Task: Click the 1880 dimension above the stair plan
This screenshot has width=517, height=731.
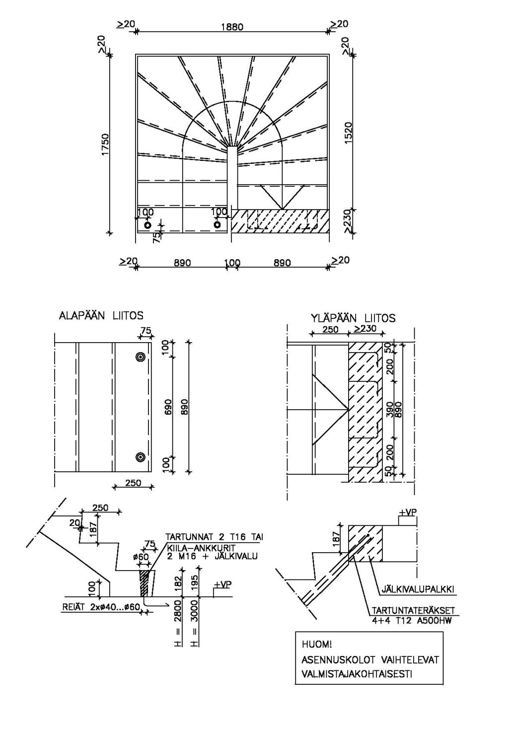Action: (x=232, y=27)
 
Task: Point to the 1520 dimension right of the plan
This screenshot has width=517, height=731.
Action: (x=348, y=133)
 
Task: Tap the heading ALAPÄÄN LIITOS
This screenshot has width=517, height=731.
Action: (x=101, y=315)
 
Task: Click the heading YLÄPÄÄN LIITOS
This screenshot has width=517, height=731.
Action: (x=353, y=317)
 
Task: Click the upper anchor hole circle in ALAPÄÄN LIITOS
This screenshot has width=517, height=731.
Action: (x=141, y=357)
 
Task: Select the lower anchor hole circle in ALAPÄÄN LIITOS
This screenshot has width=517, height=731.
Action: (x=141, y=457)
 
